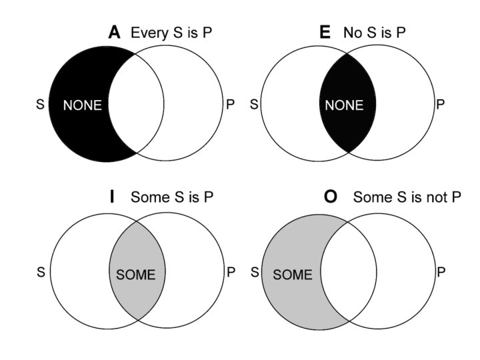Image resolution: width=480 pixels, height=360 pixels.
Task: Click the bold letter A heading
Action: pos(115,33)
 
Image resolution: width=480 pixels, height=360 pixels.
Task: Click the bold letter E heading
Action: pos(325,33)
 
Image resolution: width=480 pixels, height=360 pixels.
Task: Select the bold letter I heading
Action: pos(112,197)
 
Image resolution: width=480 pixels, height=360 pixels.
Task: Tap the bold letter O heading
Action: pos(330,197)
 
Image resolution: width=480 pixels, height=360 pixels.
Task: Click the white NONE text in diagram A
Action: pos(83,105)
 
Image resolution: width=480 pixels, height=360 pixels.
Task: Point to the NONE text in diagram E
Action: pos(345,105)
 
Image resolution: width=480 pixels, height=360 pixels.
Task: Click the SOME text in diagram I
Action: pos(135,274)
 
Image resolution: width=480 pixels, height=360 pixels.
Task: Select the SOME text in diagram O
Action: pos(293,274)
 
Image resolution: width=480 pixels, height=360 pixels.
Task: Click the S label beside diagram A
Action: pos(40,105)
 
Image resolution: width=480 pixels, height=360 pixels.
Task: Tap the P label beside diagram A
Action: pos(231,105)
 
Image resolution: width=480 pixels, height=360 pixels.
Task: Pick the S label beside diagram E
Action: pos(253,105)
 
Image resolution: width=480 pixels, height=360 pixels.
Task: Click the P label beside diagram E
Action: pos(440,105)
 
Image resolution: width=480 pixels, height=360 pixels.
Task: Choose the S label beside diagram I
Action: pos(41,272)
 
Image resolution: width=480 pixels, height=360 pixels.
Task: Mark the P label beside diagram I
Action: pos(231,272)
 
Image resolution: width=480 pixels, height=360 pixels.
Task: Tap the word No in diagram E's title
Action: pos(352,33)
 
